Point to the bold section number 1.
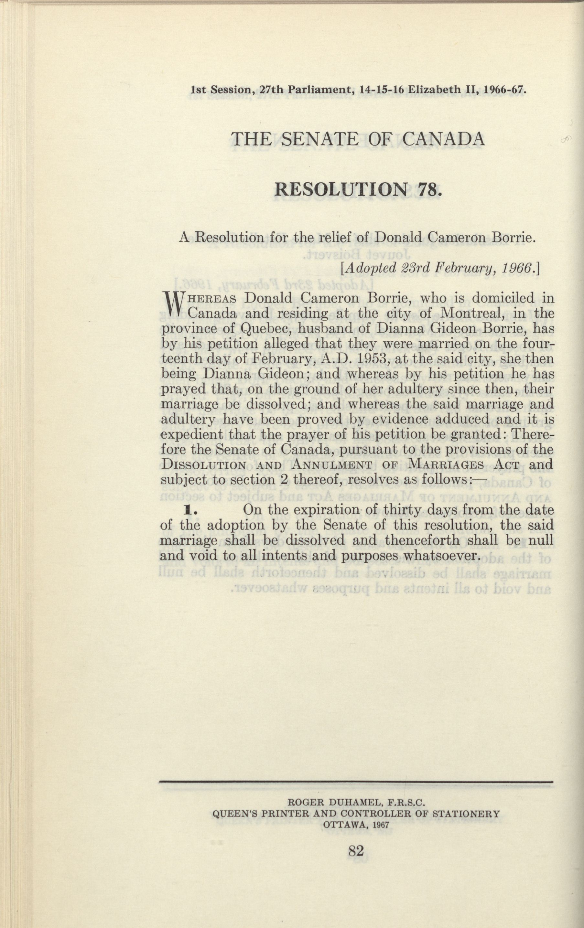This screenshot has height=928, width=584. [x=189, y=510]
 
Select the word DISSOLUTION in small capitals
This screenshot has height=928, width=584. [x=203, y=465]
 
